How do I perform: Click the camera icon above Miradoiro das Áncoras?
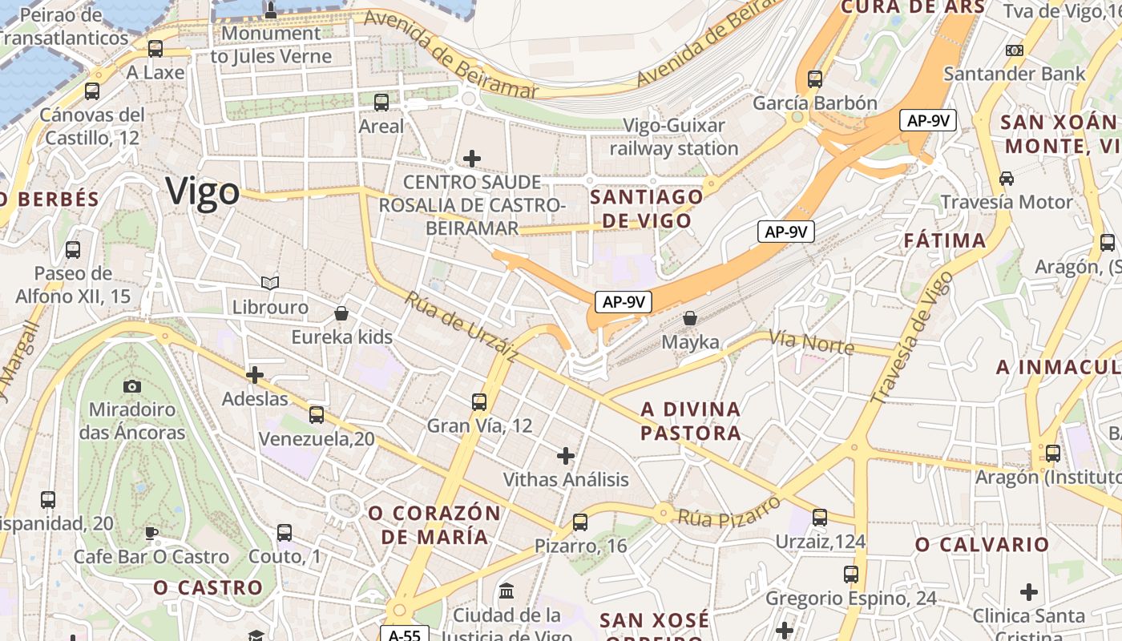[132, 386]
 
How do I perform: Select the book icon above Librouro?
[270, 283]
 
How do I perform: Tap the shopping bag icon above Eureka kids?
[341, 312]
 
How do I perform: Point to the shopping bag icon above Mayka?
[689, 318]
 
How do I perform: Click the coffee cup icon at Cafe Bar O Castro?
[151, 533]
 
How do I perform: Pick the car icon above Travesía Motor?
[1007, 178]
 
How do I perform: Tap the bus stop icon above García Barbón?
[815, 79]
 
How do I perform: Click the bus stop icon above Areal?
[381, 102]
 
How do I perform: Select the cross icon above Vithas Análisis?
[566, 456]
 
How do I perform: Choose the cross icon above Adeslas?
[255, 374]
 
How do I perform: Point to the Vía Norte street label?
[811, 342]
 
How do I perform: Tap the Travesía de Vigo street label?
[913, 337]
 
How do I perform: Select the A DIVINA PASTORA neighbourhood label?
[691, 421]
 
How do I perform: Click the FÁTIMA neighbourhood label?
[945, 240]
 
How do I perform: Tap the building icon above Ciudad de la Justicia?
[507, 591]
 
